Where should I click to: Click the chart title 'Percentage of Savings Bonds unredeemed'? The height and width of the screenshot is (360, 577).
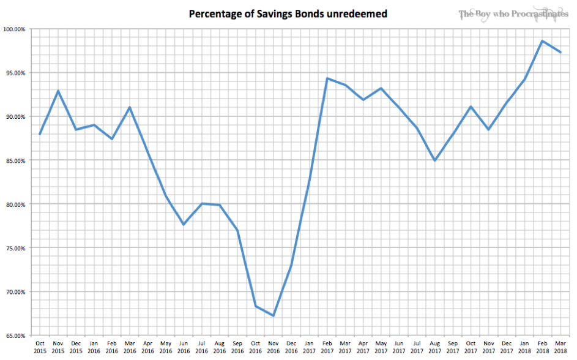(x=288, y=13)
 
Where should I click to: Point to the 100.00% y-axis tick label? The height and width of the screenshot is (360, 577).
(x=14, y=29)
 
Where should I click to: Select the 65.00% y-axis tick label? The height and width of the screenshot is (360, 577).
(x=15, y=336)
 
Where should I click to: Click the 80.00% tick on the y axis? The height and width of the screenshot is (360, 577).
(x=15, y=204)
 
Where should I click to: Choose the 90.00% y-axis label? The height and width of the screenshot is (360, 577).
(x=15, y=117)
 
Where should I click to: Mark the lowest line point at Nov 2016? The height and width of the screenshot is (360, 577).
(x=273, y=316)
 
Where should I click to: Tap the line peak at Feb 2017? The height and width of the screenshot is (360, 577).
(x=327, y=78)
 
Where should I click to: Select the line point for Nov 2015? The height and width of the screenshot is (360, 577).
(x=58, y=91)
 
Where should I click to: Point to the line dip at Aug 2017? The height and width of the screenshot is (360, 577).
(x=434, y=160)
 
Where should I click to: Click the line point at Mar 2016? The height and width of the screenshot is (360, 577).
(x=130, y=108)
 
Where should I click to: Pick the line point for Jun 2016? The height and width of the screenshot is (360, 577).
(x=184, y=225)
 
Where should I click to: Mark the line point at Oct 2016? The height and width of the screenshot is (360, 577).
(x=255, y=306)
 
